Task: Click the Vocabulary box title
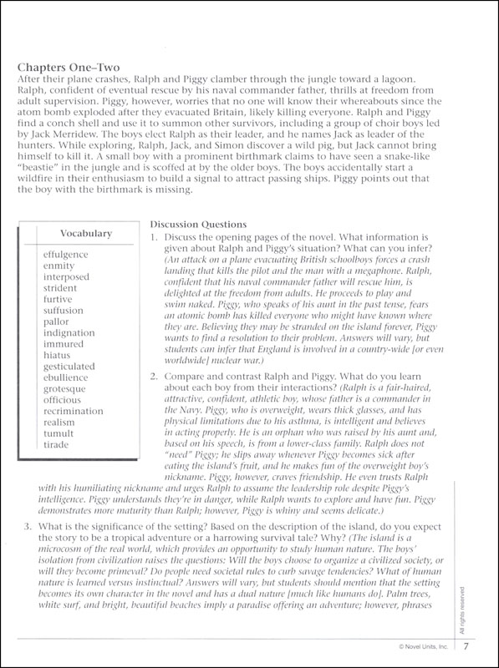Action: pyautogui.click(x=86, y=234)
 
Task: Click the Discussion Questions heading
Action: pyautogui.click(x=197, y=224)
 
